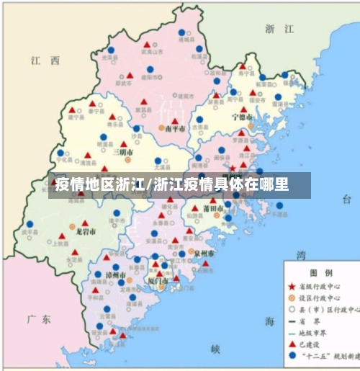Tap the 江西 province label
(45, 61)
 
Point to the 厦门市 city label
(156, 280)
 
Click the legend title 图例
(322, 274)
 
